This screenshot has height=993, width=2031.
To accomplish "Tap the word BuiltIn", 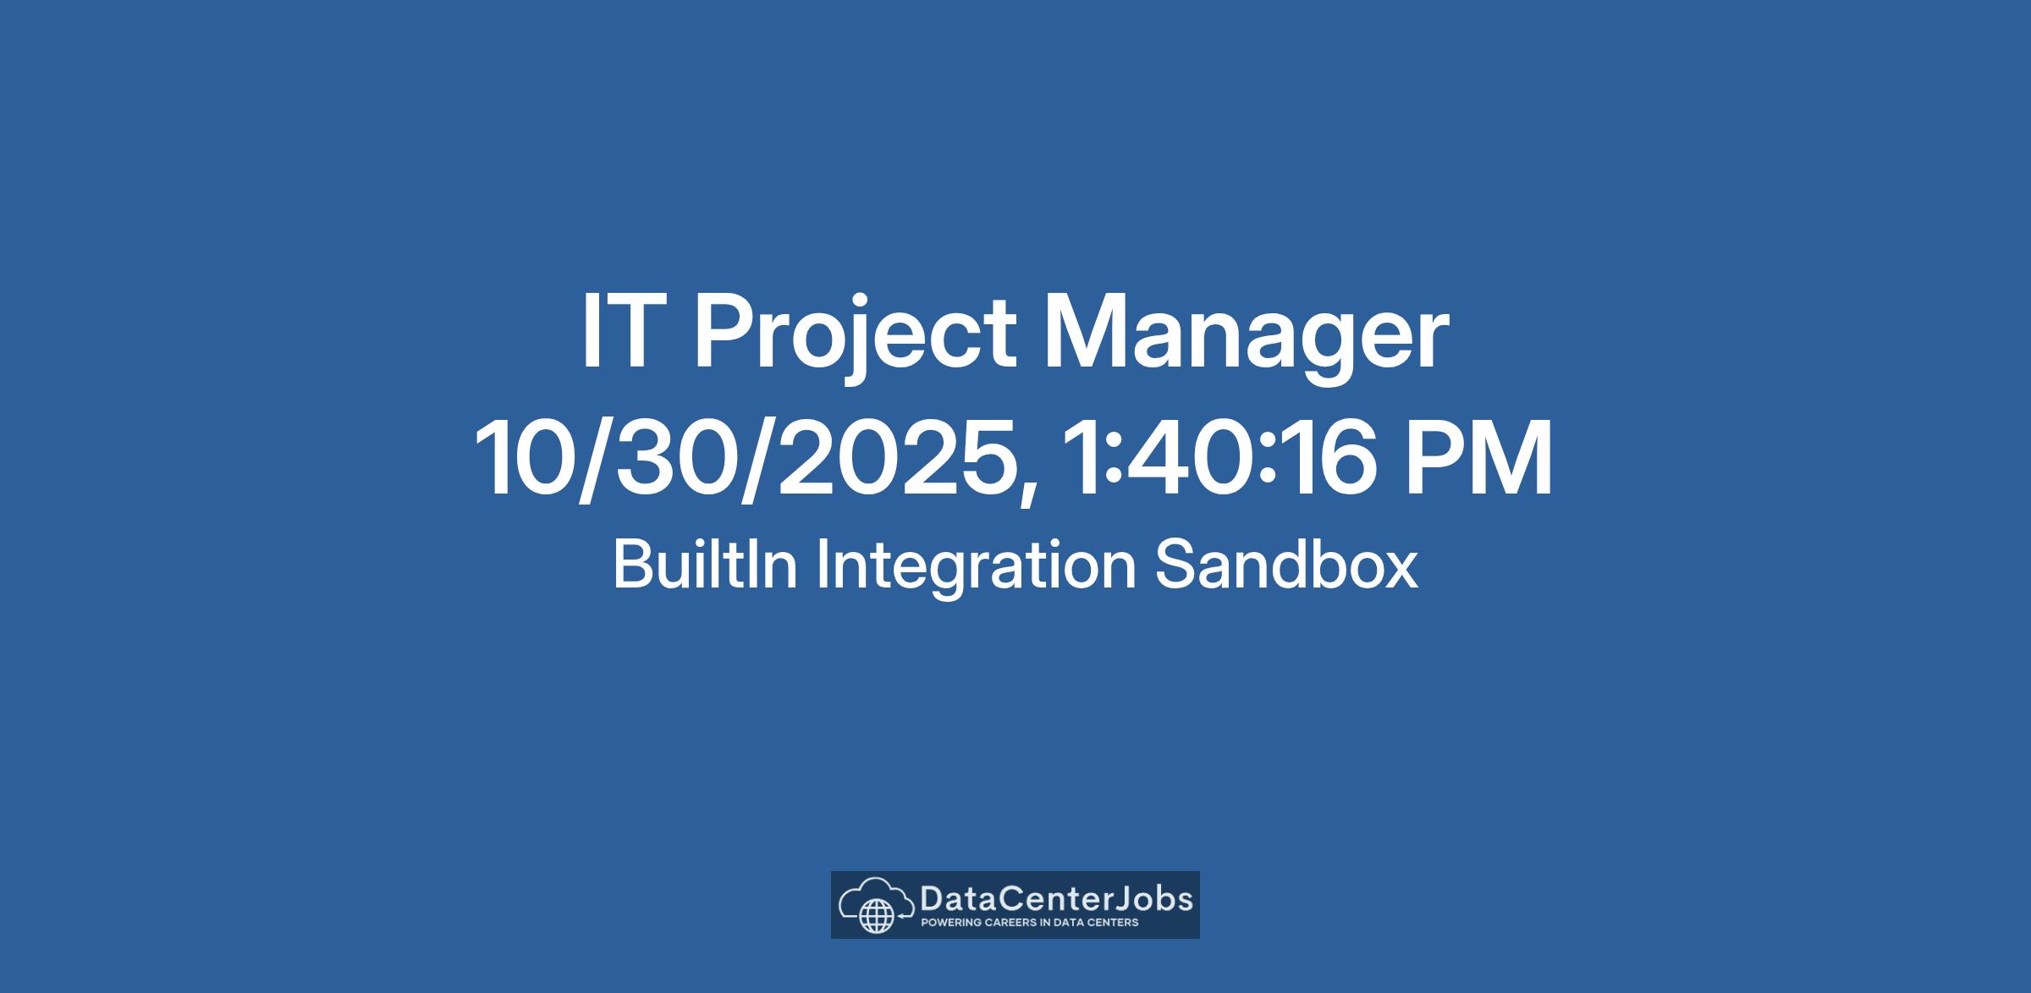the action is click(x=706, y=564).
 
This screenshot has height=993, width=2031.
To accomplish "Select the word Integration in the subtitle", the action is click(x=976, y=568).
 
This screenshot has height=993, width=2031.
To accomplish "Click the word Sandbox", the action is click(x=1286, y=565).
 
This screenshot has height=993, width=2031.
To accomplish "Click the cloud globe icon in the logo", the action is click(x=876, y=906).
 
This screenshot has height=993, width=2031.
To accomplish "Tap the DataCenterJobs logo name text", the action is click(x=1056, y=898).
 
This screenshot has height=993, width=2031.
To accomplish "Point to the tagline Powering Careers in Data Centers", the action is click(x=1029, y=923).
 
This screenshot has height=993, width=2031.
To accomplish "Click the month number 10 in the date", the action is click(x=524, y=458).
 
